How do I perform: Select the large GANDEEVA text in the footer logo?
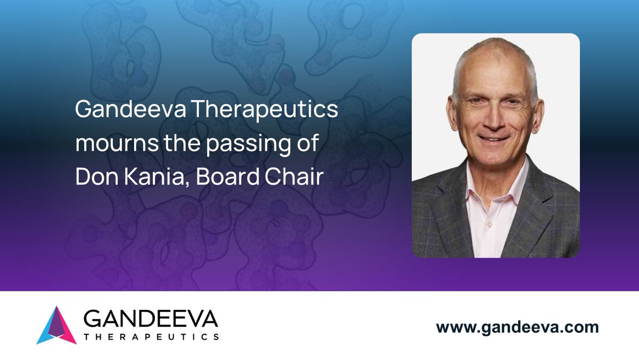coord(151,320)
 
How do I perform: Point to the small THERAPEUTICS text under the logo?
coord(151,337)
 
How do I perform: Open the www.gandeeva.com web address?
coord(517,327)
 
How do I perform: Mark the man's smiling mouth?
coord(494,140)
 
